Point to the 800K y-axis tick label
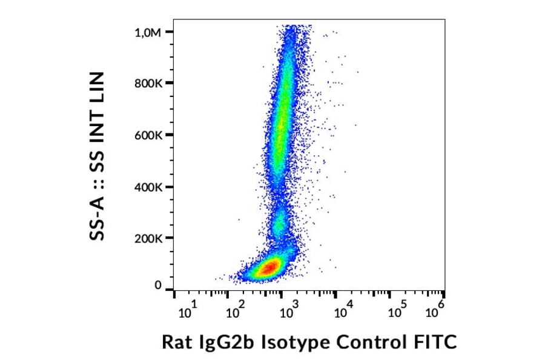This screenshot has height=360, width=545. (x=148, y=84)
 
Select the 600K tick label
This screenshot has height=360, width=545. (x=148, y=135)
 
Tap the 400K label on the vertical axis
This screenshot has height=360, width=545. (x=148, y=187)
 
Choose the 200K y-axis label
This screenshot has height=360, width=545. (x=148, y=238)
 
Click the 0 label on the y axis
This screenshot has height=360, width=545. (x=158, y=285)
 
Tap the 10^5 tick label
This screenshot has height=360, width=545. (x=397, y=311)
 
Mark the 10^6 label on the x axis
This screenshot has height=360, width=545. (x=434, y=311)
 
